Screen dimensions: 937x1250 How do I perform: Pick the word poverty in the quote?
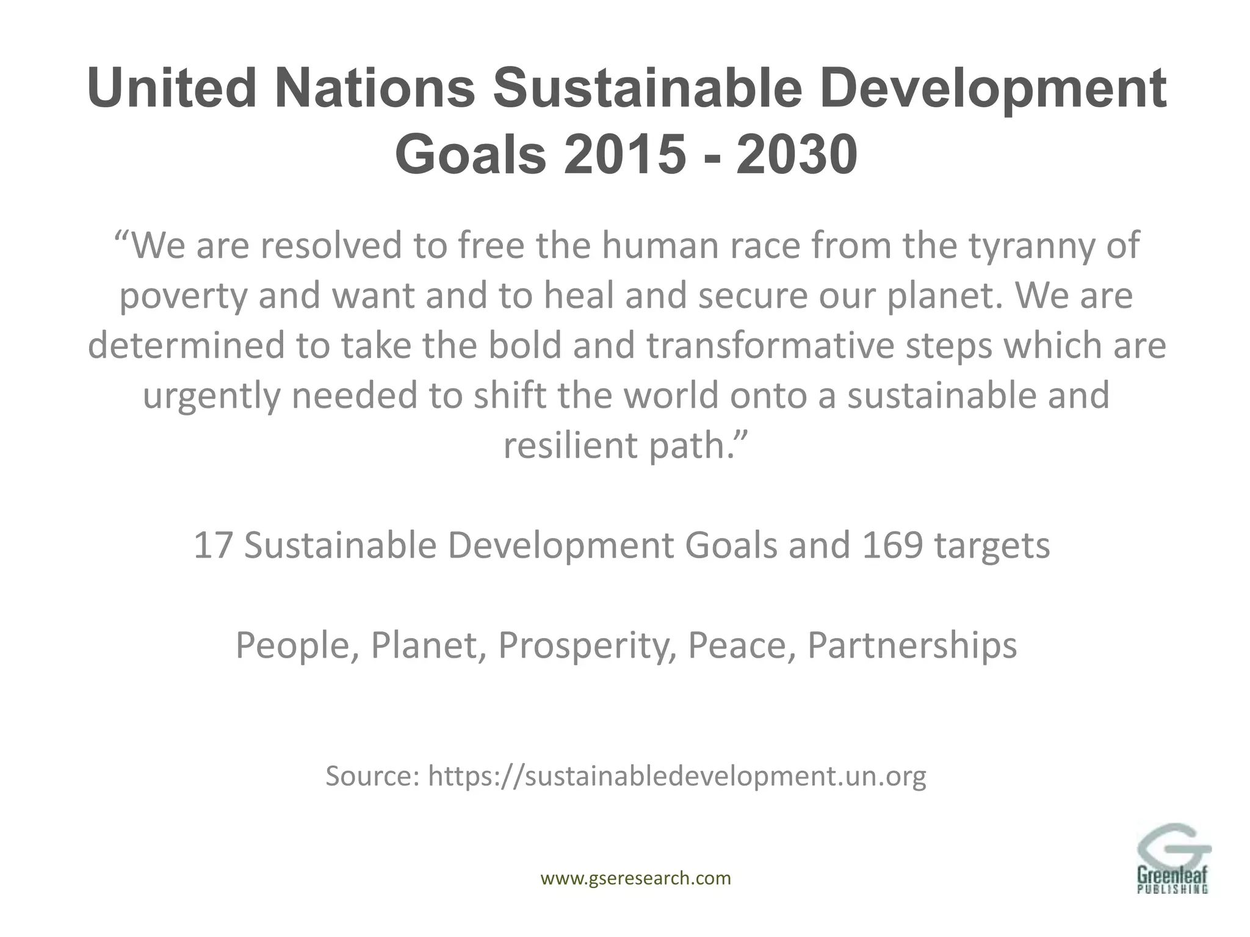[184, 296]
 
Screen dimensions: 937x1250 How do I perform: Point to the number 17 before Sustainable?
[214, 545]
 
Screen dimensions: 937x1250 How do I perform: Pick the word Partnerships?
[912, 645]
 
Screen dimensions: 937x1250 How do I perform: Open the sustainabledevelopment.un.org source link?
[677, 777]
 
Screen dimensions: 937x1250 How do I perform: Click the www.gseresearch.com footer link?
[636, 878]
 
